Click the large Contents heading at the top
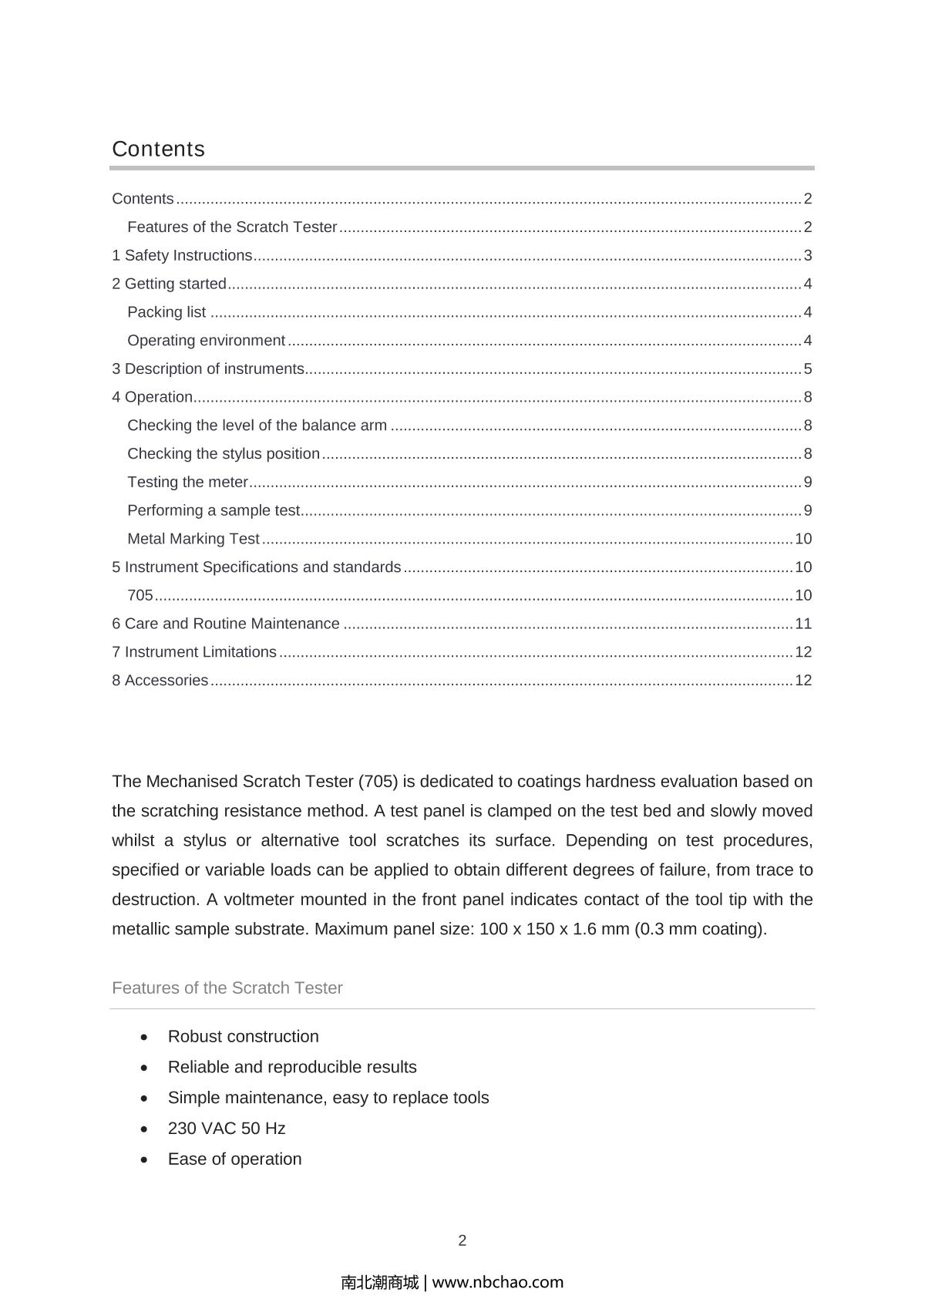point(159,149)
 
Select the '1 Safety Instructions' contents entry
point(182,255)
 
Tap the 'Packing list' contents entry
point(166,312)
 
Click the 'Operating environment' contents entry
point(206,341)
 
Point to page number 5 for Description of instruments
point(808,369)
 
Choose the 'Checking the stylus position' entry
point(224,454)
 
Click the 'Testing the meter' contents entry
point(187,483)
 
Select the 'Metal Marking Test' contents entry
point(193,539)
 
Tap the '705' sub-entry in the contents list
point(140,595)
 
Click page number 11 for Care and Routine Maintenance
point(803,624)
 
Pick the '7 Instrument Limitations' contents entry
point(194,652)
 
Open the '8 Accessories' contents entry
point(160,681)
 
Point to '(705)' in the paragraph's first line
point(378,782)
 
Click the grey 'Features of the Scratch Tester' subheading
point(227,988)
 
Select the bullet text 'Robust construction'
point(243,1037)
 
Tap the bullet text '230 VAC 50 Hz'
point(227,1129)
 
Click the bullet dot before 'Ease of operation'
point(145,1159)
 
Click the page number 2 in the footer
point(462,1240)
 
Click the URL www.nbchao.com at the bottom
point(498,1283)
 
